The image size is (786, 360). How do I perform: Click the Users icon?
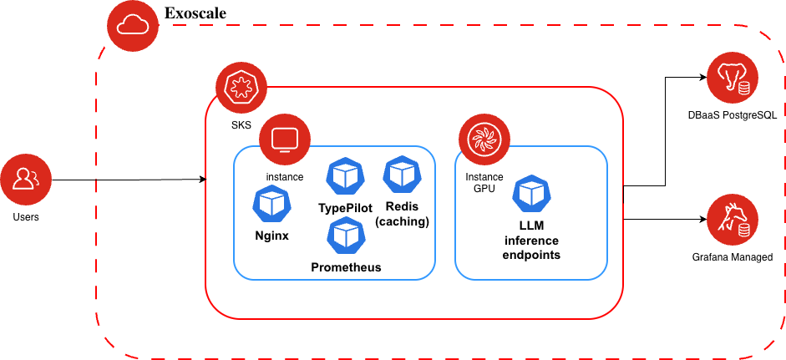[26, 179]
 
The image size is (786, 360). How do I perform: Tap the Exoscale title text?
[195, 13]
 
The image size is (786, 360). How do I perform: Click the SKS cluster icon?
[241, 88]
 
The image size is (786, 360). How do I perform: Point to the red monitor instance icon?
[284, 138]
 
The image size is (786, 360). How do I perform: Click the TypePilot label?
[345, 207]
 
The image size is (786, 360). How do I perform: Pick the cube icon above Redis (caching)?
[403, 174]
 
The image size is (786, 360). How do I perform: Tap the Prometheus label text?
[346, 267]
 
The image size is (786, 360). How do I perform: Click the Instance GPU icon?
[484, 138]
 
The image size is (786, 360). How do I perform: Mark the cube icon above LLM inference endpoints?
[531, 194]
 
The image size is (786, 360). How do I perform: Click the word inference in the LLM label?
[531, 241]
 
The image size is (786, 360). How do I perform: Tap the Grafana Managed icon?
[733, 220]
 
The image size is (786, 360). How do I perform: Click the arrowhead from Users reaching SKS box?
[202, 180]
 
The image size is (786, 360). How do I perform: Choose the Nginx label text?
[271, 236]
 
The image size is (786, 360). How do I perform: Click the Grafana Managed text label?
[733, 257]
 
